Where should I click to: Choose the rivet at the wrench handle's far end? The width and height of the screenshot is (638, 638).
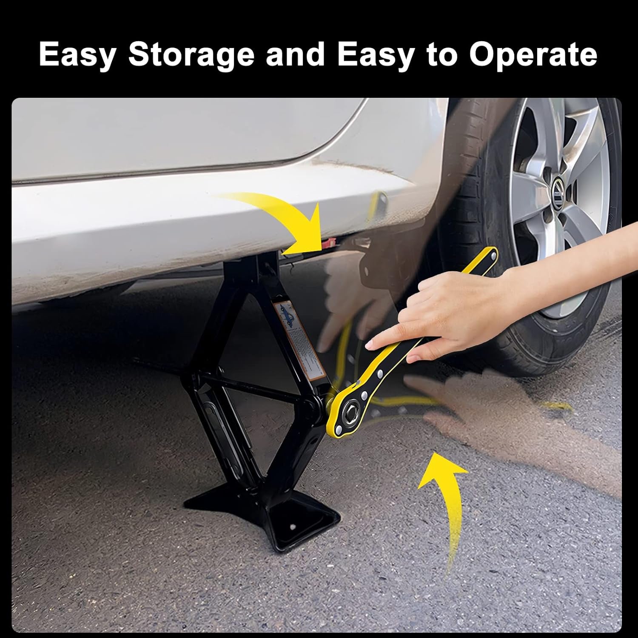tap(493, 256)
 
